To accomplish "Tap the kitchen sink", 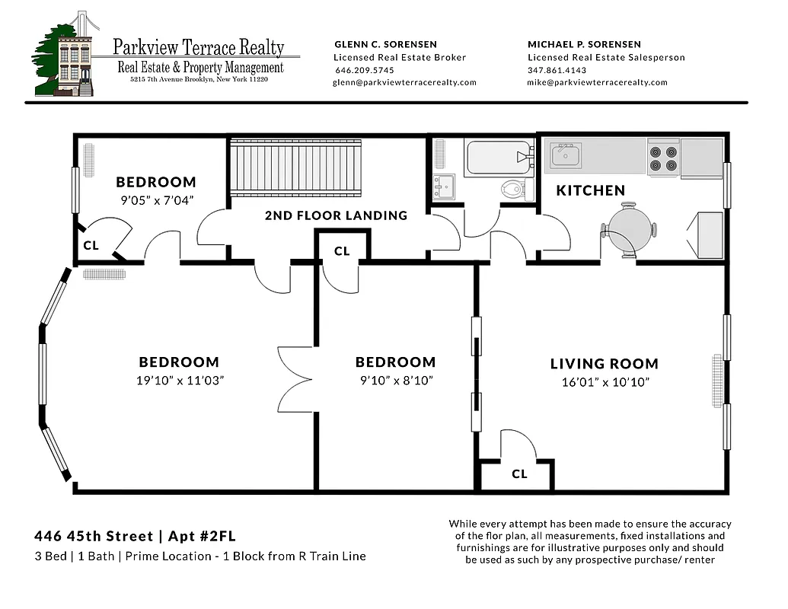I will (x=566, y=155).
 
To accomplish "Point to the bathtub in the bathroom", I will (x=499, y=158).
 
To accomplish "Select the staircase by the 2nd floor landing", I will (x=295, y=167).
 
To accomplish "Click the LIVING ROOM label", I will (x=604, y=364).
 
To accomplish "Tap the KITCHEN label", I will (x=590, y=190).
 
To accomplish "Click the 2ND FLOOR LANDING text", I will (x=336, y=215).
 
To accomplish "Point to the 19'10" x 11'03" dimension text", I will (x=179, y=380).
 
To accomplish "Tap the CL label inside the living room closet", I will (x=519, y=474).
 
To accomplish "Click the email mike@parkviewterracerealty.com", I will (x=597, y=82).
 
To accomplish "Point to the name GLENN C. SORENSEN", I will (x=385, y=44).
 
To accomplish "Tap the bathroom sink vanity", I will (x=443, y=186).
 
